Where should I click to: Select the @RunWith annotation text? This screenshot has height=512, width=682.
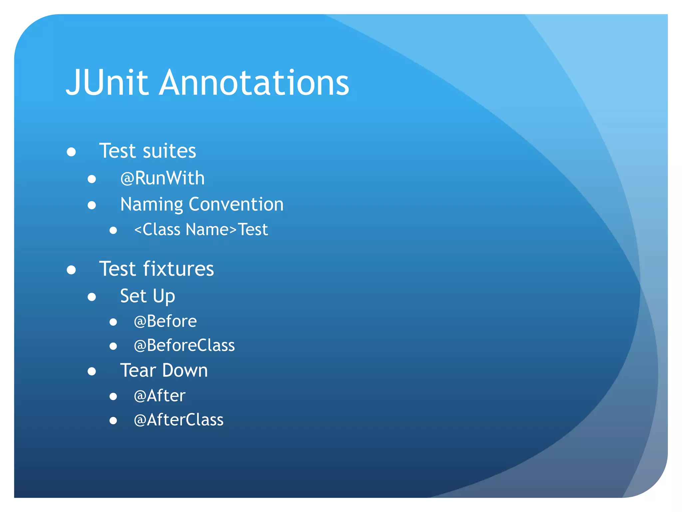pyautogui.click(x=163, y=178)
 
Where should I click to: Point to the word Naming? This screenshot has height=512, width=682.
pyautogui.click(x=152, y=205)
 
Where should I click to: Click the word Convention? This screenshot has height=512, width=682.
pyautogui.click(x=236, y=204)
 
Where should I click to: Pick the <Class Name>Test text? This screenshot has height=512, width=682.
pyautogui.click(x=201, y=230)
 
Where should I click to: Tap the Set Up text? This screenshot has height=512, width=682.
pyautogui.click(x=148, y=296)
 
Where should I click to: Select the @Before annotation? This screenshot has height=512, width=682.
pyautogui.click(x=165, y=321)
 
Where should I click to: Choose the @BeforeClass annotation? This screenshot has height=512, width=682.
pyautogui.click(x=184, y=345)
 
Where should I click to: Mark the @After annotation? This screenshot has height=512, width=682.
pyautogui.click(x=160, y=396)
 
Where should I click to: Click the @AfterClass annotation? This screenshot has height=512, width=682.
pyautogui.click(x=178, y=420)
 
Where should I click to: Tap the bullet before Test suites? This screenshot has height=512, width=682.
pyautogui.click(x=71, y=152)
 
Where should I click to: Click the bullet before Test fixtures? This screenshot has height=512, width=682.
pyautogui.click(x=71, y=270)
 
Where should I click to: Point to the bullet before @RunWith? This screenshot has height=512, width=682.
pyautogui.click(x=92, y=179)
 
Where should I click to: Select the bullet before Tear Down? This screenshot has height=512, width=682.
pyautogui.click(x=92, y=371)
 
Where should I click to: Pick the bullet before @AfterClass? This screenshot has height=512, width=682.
pyautogui.click(x=113, y=421)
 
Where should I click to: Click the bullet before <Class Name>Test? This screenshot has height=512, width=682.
pyautogui.click(x=113, y=230)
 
